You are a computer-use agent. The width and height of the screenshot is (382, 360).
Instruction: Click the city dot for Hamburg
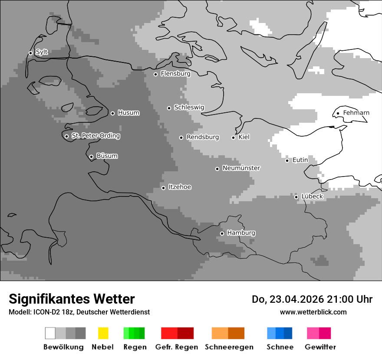coord(222,233)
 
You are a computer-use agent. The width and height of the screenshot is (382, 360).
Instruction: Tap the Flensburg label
coord(175,74)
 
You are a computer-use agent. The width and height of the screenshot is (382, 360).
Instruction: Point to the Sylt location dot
coord(30,53)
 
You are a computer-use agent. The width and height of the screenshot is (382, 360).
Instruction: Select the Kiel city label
coord(244,137)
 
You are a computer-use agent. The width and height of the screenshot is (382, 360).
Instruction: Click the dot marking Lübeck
coord(296,197)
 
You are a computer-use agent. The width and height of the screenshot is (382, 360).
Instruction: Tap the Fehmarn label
coord(356,113)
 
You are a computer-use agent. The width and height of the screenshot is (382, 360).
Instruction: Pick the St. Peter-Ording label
coord(95,136)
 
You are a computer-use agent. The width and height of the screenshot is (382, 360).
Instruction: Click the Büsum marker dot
coord(91,157)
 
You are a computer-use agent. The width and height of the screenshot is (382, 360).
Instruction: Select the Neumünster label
coord(241,168)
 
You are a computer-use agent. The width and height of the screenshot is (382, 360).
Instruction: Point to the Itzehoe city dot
coord(163,188)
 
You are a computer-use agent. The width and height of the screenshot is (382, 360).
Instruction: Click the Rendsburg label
coord(203,137)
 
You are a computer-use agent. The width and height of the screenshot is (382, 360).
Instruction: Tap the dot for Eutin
coord(287,160)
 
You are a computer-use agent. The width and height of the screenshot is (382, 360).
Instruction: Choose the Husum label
coord(128,113)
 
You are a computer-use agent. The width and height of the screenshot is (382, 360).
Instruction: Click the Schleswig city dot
coord(169,108)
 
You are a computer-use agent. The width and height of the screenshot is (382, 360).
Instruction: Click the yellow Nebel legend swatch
coord(103,333)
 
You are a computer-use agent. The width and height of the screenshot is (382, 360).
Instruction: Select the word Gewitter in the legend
coord(320,347)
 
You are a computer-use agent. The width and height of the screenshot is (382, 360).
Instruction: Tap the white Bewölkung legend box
coord(50,333)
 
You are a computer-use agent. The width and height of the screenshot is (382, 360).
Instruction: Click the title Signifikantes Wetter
coord(72,299)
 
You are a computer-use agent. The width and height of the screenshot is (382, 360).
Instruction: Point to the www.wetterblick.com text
coord(313,312)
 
